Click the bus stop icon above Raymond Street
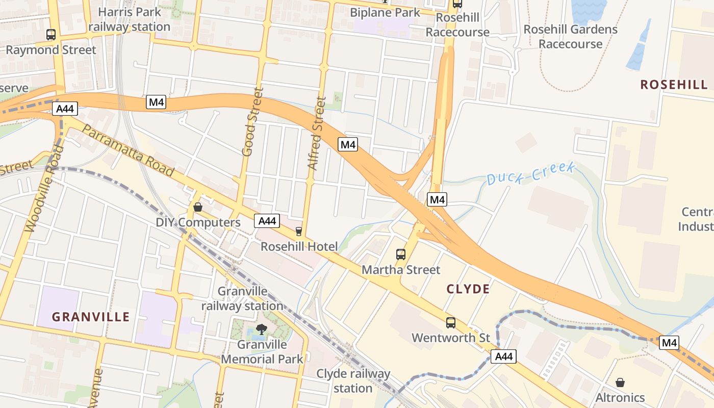click(51, 35)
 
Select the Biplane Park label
click(385, 12)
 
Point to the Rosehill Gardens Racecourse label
click(570, 37)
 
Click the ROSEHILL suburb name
click(674, 85)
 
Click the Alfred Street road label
click(317, 133)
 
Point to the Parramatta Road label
click(127, 150)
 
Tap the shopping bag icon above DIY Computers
click(198, 207)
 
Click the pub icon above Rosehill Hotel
click(299, 232)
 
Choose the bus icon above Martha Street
click(401, 254)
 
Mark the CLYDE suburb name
click(468, 289)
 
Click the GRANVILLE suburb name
click(91, 317)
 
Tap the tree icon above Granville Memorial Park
click(262, 329)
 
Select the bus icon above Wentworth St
click(451, 322)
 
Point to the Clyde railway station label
click(353, 381)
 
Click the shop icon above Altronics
click(620, 382)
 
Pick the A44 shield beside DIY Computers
click(267, 221)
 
